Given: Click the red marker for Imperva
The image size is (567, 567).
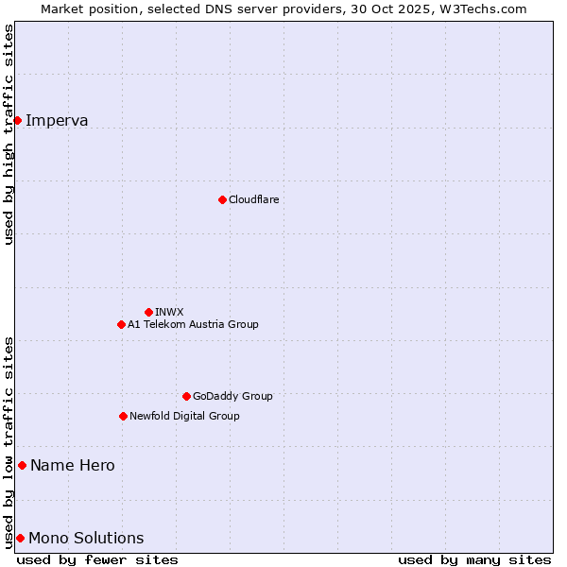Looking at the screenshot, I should pyautogui.click(x=17, y=120).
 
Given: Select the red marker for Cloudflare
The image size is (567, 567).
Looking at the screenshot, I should pyautogui.click(x=222, y=199).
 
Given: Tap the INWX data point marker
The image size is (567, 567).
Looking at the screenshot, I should pyautogui.click(x=148, y=312).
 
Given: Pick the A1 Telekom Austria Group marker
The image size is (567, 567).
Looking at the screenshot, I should pyautogui.click(x=121, y=324).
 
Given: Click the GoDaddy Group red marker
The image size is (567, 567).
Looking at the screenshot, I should pyautogui.click(x=186, y=396).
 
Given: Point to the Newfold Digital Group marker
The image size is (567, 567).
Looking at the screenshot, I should pyautogui.click(x=123, y=416).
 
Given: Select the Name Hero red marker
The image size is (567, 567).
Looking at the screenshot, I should pyautogui.click(x=22, y=465).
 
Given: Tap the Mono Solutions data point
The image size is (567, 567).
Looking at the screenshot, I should pyautogui.click(x=20, y=538).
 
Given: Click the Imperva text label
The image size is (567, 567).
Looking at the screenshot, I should pyautogui.click(x=57, y=120).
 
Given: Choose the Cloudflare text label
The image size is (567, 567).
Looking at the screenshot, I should pyautogui.click(x=253, y=199).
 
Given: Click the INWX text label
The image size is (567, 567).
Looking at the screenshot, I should pyautogui.click(x=169, y=312).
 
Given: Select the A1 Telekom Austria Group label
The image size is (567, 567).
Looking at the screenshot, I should pyautogui.click(x=193, y=324).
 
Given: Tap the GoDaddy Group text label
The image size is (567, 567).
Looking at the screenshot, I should pyautogui.click(x=232, y=396).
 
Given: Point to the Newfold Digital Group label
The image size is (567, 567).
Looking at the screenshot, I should pyautogui.click(x=184, y=416).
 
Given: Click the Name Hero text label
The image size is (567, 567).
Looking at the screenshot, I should pyautogui.click(x=73, y=465).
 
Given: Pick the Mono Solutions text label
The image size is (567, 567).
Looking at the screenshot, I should pyautogui.click(x=86, y=538).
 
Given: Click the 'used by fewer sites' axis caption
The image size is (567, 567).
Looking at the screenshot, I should pyautogui.click(x=97, y=559).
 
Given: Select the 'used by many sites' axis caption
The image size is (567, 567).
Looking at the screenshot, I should pyautogui.click(x=474, y=559).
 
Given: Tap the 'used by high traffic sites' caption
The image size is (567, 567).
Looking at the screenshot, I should pyautogui.click(x=9, y=134).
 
